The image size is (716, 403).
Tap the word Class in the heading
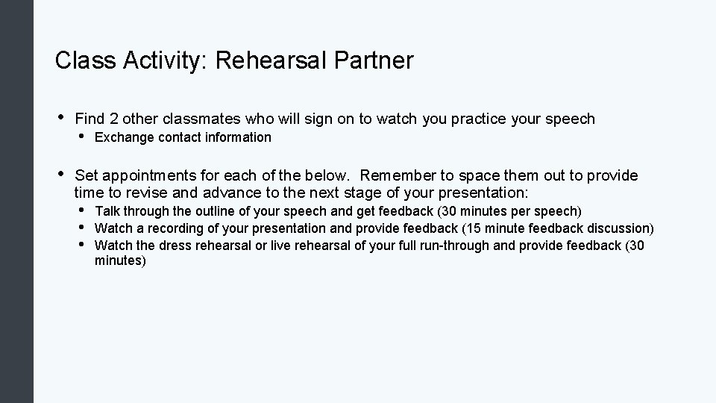[x=83, y=60]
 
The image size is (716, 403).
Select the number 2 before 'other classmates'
[x=113, y=119]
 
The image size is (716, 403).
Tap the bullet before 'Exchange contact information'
[x=82, y=137]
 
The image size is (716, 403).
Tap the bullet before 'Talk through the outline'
[x=82, y=210]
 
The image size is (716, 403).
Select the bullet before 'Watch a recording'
[x=82, y=228]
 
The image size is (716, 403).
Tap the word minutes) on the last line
[x=121, y=261]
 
